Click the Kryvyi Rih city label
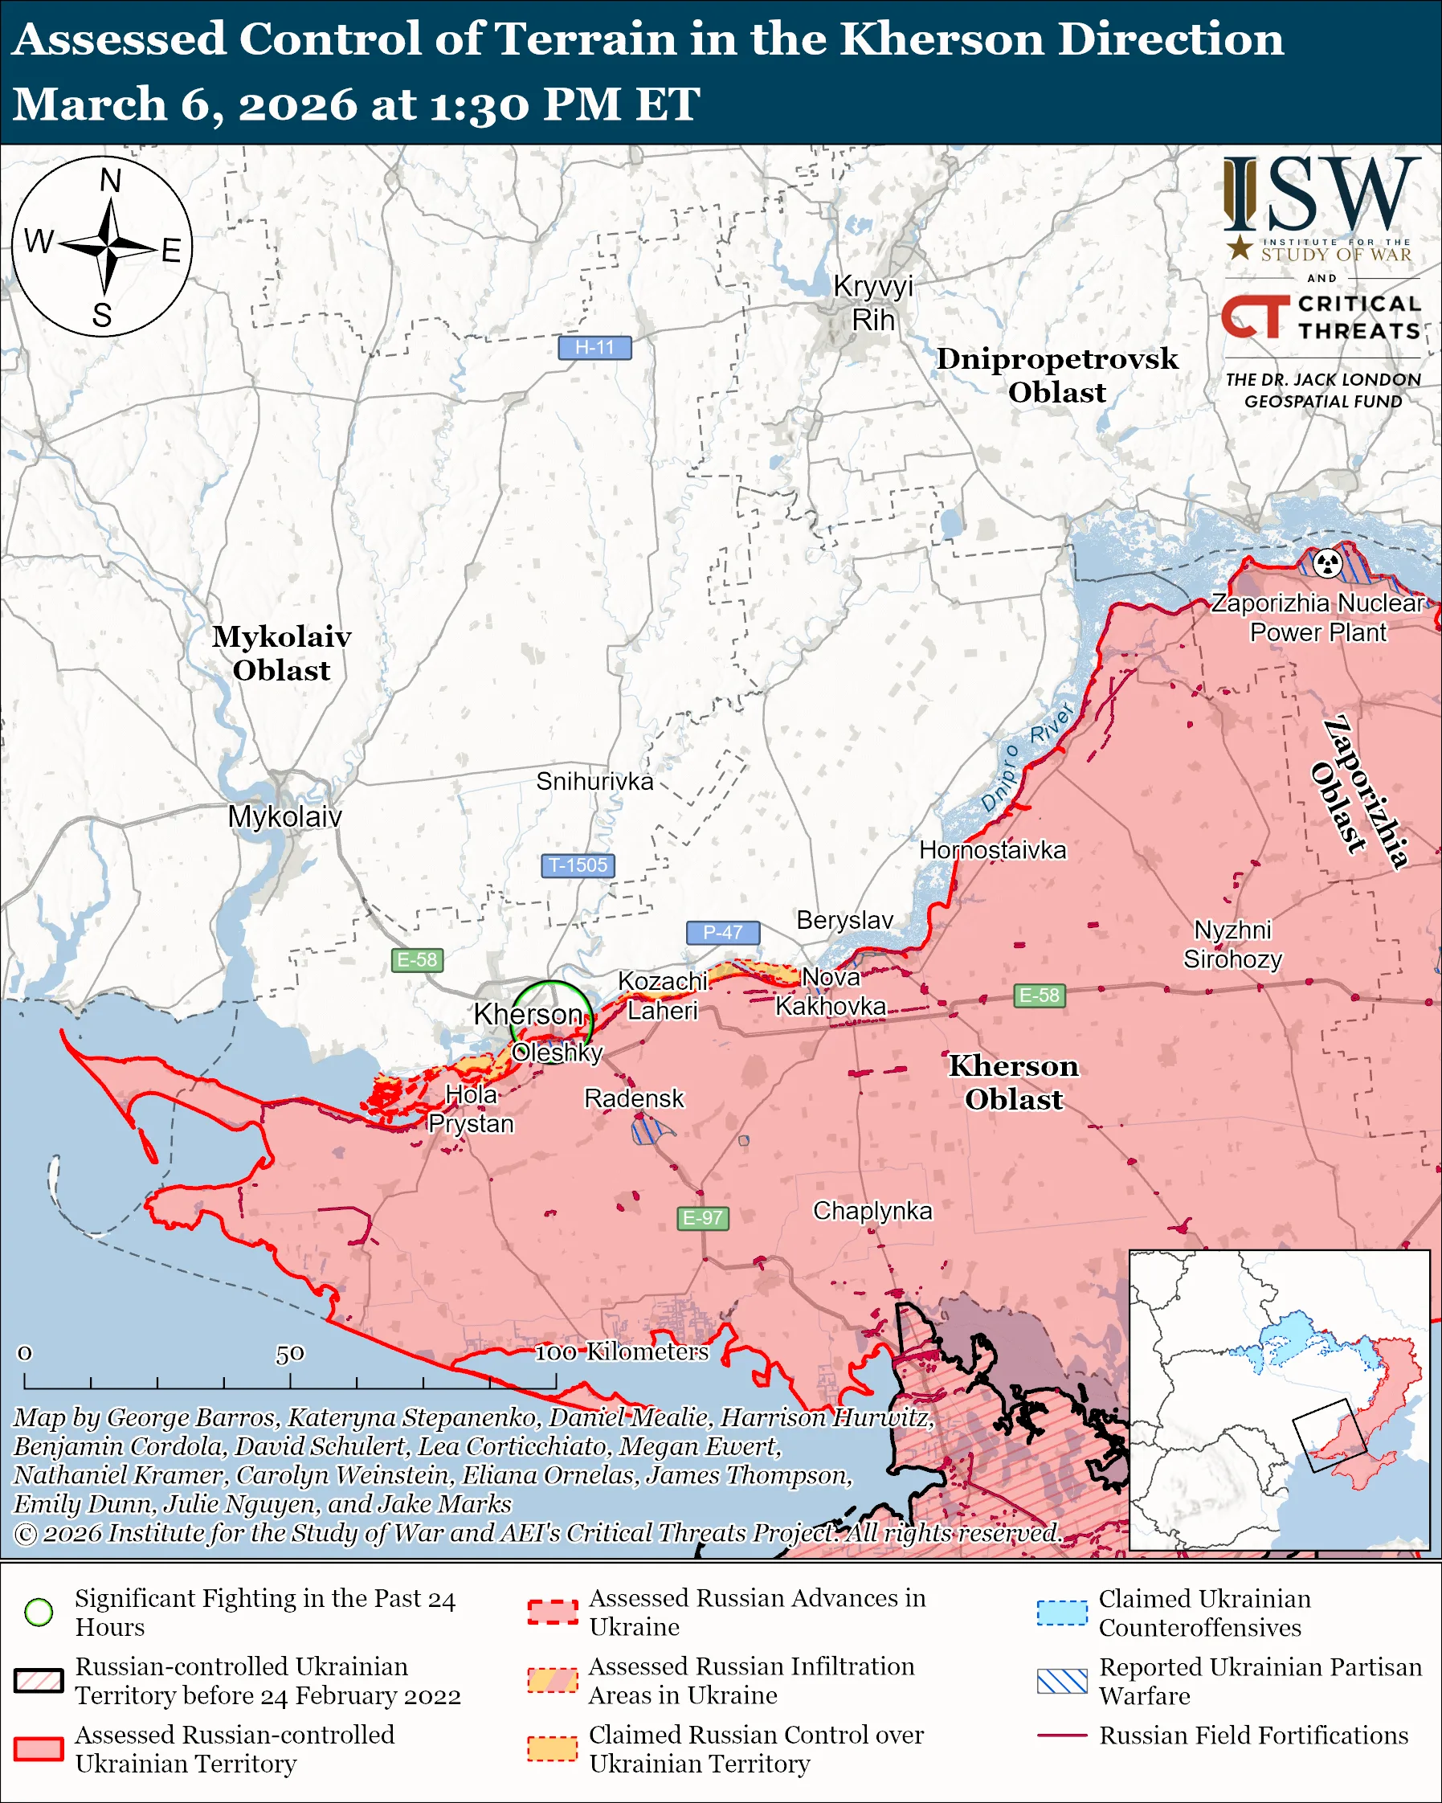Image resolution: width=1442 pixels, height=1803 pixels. [872, 303]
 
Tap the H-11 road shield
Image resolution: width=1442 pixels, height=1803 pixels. [594, 347]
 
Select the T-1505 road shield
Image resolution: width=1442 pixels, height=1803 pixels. [578, 865]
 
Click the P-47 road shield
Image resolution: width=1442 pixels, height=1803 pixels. [722, 931]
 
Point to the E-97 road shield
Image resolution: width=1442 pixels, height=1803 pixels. [702, 1217]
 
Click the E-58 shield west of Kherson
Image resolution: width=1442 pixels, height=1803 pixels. [417, 959]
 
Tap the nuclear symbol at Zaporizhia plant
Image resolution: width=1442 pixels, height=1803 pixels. [1326, 562]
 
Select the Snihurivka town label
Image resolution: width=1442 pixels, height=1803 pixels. [594, 781]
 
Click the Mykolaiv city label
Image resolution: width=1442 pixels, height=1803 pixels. [284, 816]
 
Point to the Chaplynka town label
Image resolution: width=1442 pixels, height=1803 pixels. [872, 1210]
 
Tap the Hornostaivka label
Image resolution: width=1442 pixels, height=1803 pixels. [992, 849]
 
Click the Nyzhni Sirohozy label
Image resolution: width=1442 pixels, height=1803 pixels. [1232, 944]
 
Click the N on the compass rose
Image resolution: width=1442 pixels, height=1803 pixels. [110, 180]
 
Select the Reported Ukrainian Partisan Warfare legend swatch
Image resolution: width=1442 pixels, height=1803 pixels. [1062, 1681]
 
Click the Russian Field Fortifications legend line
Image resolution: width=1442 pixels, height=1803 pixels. [1062, 1736]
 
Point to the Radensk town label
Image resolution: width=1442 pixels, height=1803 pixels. [634, 1098]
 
